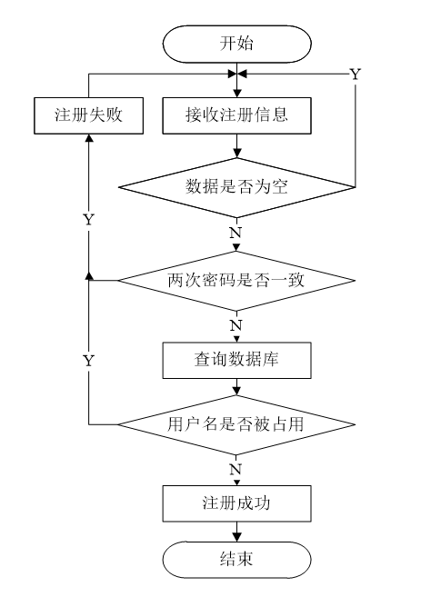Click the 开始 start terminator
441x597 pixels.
[x=237, y=44]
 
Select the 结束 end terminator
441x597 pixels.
[x=237, y=560]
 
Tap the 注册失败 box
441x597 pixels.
[x=89, y=115]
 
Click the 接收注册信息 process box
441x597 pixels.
[x=237, y=115]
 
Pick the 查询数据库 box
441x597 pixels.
[x=237, y=360]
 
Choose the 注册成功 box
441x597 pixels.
[x=237, y=503]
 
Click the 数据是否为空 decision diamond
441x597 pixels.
[x=237, y=187]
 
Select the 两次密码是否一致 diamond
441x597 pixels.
[x=237, y=281]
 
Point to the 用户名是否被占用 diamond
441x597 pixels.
[x=237, y=424]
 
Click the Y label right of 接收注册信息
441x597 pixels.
[x=356, y=75]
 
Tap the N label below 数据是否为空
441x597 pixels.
[x=236, y=233]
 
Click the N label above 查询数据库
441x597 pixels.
[x=236, y=325]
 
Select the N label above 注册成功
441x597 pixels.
[x=236, y=470]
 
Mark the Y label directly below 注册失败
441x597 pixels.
[x=89, y=220]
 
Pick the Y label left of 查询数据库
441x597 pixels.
[x=89, y=360]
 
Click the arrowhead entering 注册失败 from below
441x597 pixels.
[x=89, y=138]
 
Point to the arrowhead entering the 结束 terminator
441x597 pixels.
[x=237, y=537]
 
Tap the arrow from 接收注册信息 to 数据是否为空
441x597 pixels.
[x=237, y=145]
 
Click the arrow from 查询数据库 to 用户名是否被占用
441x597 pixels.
[x=237, y=387]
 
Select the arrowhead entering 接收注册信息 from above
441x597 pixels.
[x=237, y=94]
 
